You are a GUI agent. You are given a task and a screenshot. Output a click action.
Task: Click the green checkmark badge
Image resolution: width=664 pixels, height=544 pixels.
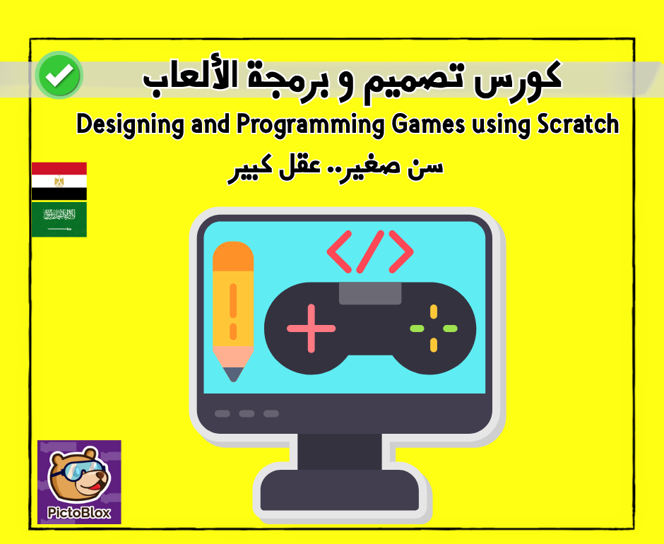pos(60,75)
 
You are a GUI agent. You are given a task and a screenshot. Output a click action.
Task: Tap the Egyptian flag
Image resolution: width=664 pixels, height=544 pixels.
pos(59,182)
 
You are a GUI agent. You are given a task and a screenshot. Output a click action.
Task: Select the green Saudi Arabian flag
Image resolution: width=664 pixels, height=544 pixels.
pos(59,219)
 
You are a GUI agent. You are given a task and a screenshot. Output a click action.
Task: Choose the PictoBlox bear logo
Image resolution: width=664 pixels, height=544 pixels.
pos(79,481)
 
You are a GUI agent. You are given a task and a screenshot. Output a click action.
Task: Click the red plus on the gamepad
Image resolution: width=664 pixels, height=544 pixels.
pos(311,329)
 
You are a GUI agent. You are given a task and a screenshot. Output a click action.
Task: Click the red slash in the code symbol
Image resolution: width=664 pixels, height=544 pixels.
pos(370,251)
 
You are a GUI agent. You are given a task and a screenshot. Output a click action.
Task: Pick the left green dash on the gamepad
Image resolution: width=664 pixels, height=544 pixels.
pos(417,329)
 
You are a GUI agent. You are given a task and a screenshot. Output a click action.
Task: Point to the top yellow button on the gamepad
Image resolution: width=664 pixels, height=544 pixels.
pos(434,312)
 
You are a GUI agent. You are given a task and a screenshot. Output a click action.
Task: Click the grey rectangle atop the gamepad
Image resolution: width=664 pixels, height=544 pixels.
pos(370,293)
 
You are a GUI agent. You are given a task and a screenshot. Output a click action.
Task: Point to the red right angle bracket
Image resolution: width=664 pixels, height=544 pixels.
pos(400,251)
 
